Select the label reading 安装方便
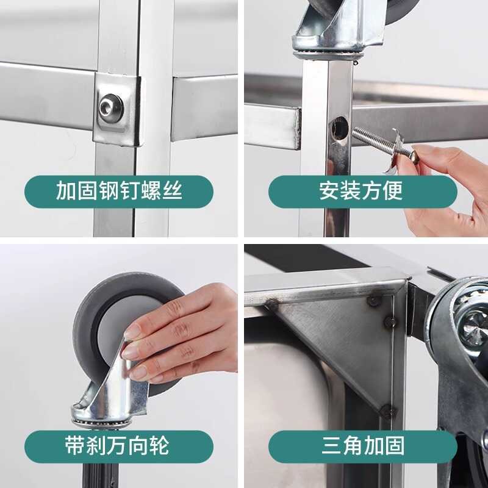pyautogui.click(x=362, y=192)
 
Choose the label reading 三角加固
pyautogui.click(x=362, y=446)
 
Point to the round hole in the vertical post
pyautogui.click(x=339, y=129)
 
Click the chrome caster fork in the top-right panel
pyautogui.click(x=335, y=27)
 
